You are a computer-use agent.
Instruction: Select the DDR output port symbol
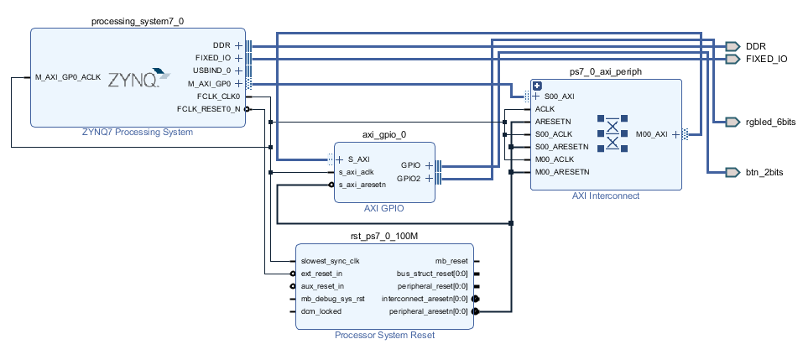tap(733, 45)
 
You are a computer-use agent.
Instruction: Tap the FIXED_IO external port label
tap(766, 59)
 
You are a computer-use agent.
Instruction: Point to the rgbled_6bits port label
tap(770, 122)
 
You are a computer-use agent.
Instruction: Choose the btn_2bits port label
tap(764, 171)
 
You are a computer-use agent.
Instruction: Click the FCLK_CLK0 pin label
tap(219, 96)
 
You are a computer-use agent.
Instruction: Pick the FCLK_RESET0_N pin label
tap(209, 109)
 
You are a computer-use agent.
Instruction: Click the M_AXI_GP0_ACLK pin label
tap(68, 77)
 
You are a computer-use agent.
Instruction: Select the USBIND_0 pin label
tap(212, 70)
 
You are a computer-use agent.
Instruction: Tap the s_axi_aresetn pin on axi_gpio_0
tap(362, 184)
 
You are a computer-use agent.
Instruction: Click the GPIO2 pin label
tap(409, 178)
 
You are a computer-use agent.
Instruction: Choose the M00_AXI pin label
tap(652, 133)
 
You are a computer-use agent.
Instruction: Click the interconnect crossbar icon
tap(613, 133)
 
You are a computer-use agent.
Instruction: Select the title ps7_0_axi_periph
tap(605, 72)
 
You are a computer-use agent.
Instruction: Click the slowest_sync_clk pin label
tap(330, 261)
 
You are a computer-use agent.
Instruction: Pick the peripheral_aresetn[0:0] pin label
tap(429, 311)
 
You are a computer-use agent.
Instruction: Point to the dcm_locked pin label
tap(321, 311)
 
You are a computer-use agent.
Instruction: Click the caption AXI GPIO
tap(384, 208)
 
